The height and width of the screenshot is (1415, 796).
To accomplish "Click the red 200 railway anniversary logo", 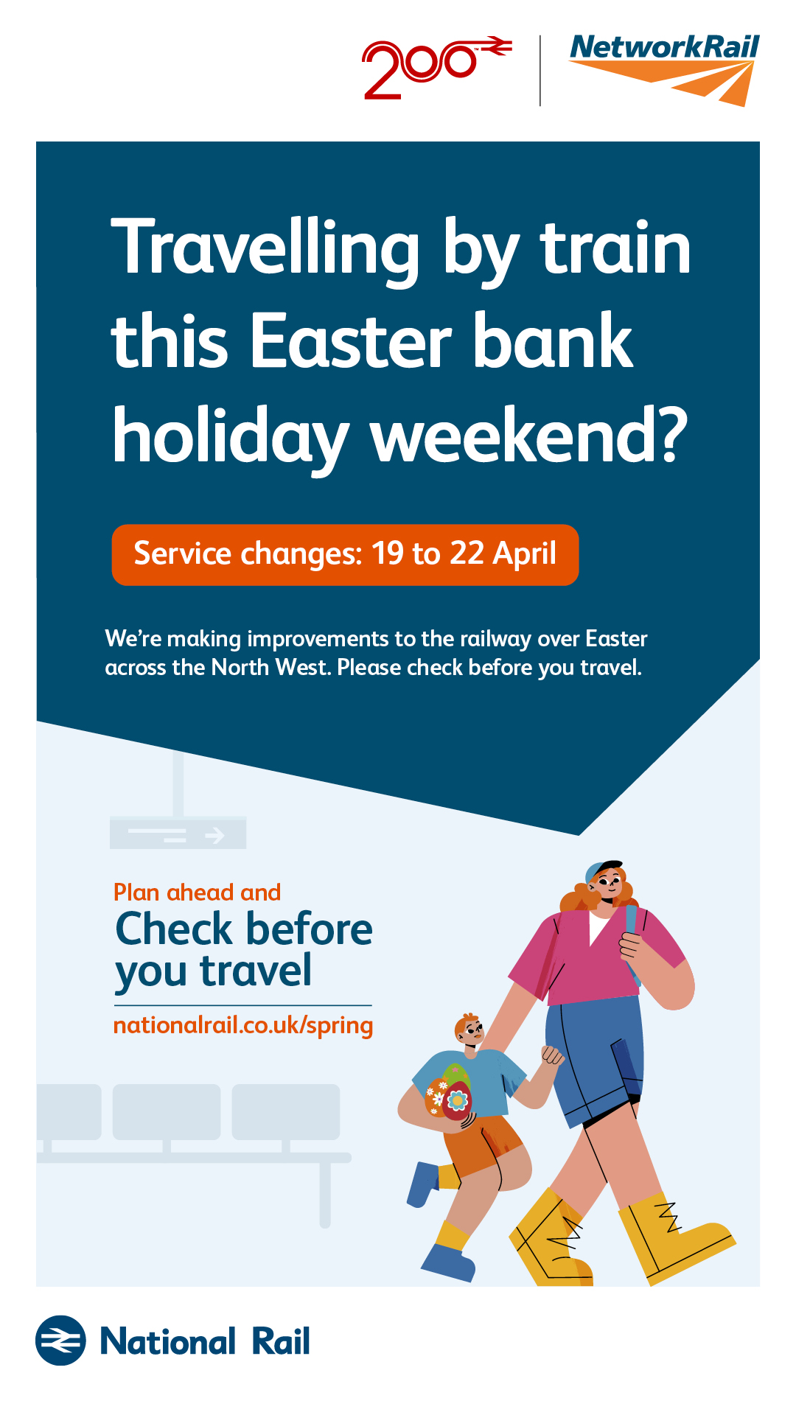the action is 436,68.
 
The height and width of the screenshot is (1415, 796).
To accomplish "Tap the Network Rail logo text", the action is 664,46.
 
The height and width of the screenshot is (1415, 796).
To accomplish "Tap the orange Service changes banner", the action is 345,555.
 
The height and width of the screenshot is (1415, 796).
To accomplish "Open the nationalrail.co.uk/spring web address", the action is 243,1026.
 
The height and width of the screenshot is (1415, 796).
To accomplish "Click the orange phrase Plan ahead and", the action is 197,892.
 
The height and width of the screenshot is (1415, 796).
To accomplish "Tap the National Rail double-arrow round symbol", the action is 60,1341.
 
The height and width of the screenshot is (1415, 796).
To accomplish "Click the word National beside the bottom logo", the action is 168,1341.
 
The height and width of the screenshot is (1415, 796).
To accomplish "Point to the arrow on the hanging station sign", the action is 214,835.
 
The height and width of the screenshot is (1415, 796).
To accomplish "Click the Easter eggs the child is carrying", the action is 448,1092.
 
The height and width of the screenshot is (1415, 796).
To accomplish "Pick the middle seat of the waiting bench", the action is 167,1111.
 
